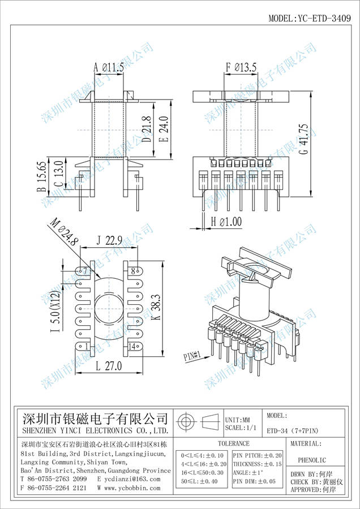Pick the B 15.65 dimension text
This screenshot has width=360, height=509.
pyautogui.click(x=42, y=177)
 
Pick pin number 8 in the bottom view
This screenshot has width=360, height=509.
pyautogui.click(x=134, y=271)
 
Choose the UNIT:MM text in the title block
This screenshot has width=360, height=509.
pyautogui.click(x=237, y=420)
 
